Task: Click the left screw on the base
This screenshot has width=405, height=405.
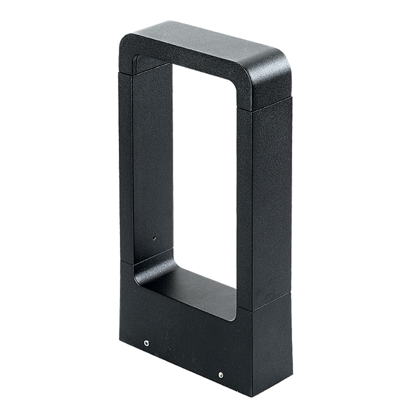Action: (x=147, y=344)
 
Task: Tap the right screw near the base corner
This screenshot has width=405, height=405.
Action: (x=221, y=375)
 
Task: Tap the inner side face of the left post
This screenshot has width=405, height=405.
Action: (x=152, y=162)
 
